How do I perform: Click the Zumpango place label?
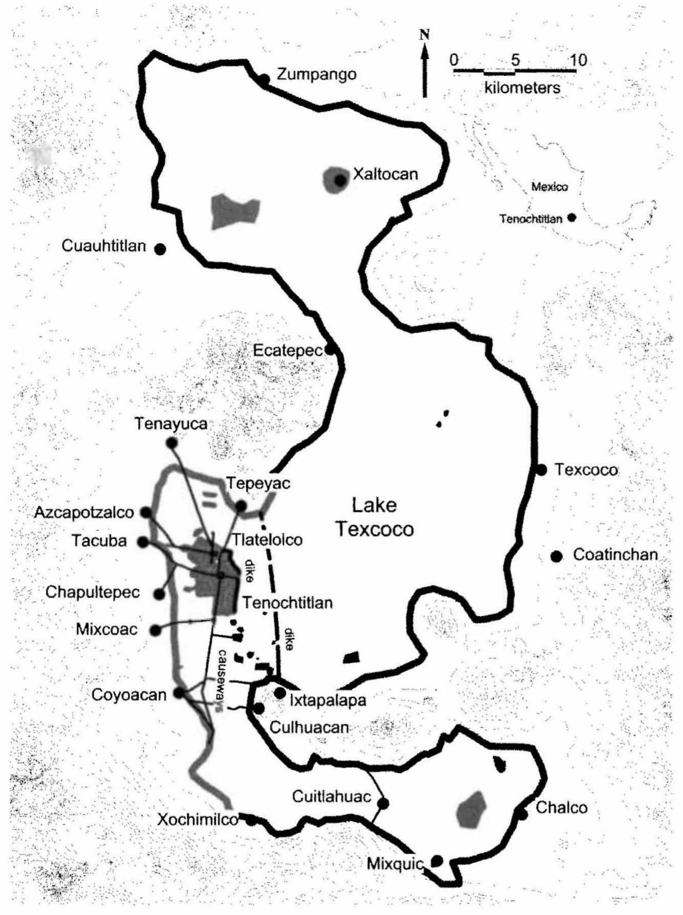pos(316,74)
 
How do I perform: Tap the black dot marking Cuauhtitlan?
pos(160,249)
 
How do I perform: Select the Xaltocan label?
pos(385,174)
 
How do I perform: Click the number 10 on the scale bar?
pos(578,60)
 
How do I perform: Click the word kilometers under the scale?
pos(522,88)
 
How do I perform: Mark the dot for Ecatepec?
pos(330,350)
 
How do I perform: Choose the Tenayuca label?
pos(171,424)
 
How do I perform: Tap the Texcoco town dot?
pos(542,469)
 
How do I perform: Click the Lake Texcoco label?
pos(375,517)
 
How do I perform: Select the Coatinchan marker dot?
pos(556,556)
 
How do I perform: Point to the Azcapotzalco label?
pos(84,512)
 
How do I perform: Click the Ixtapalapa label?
pos(328,700)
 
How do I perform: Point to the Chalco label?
pos(561,807)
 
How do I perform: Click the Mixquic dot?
pos(437,860)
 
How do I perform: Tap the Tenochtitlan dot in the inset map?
pos(572,218)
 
